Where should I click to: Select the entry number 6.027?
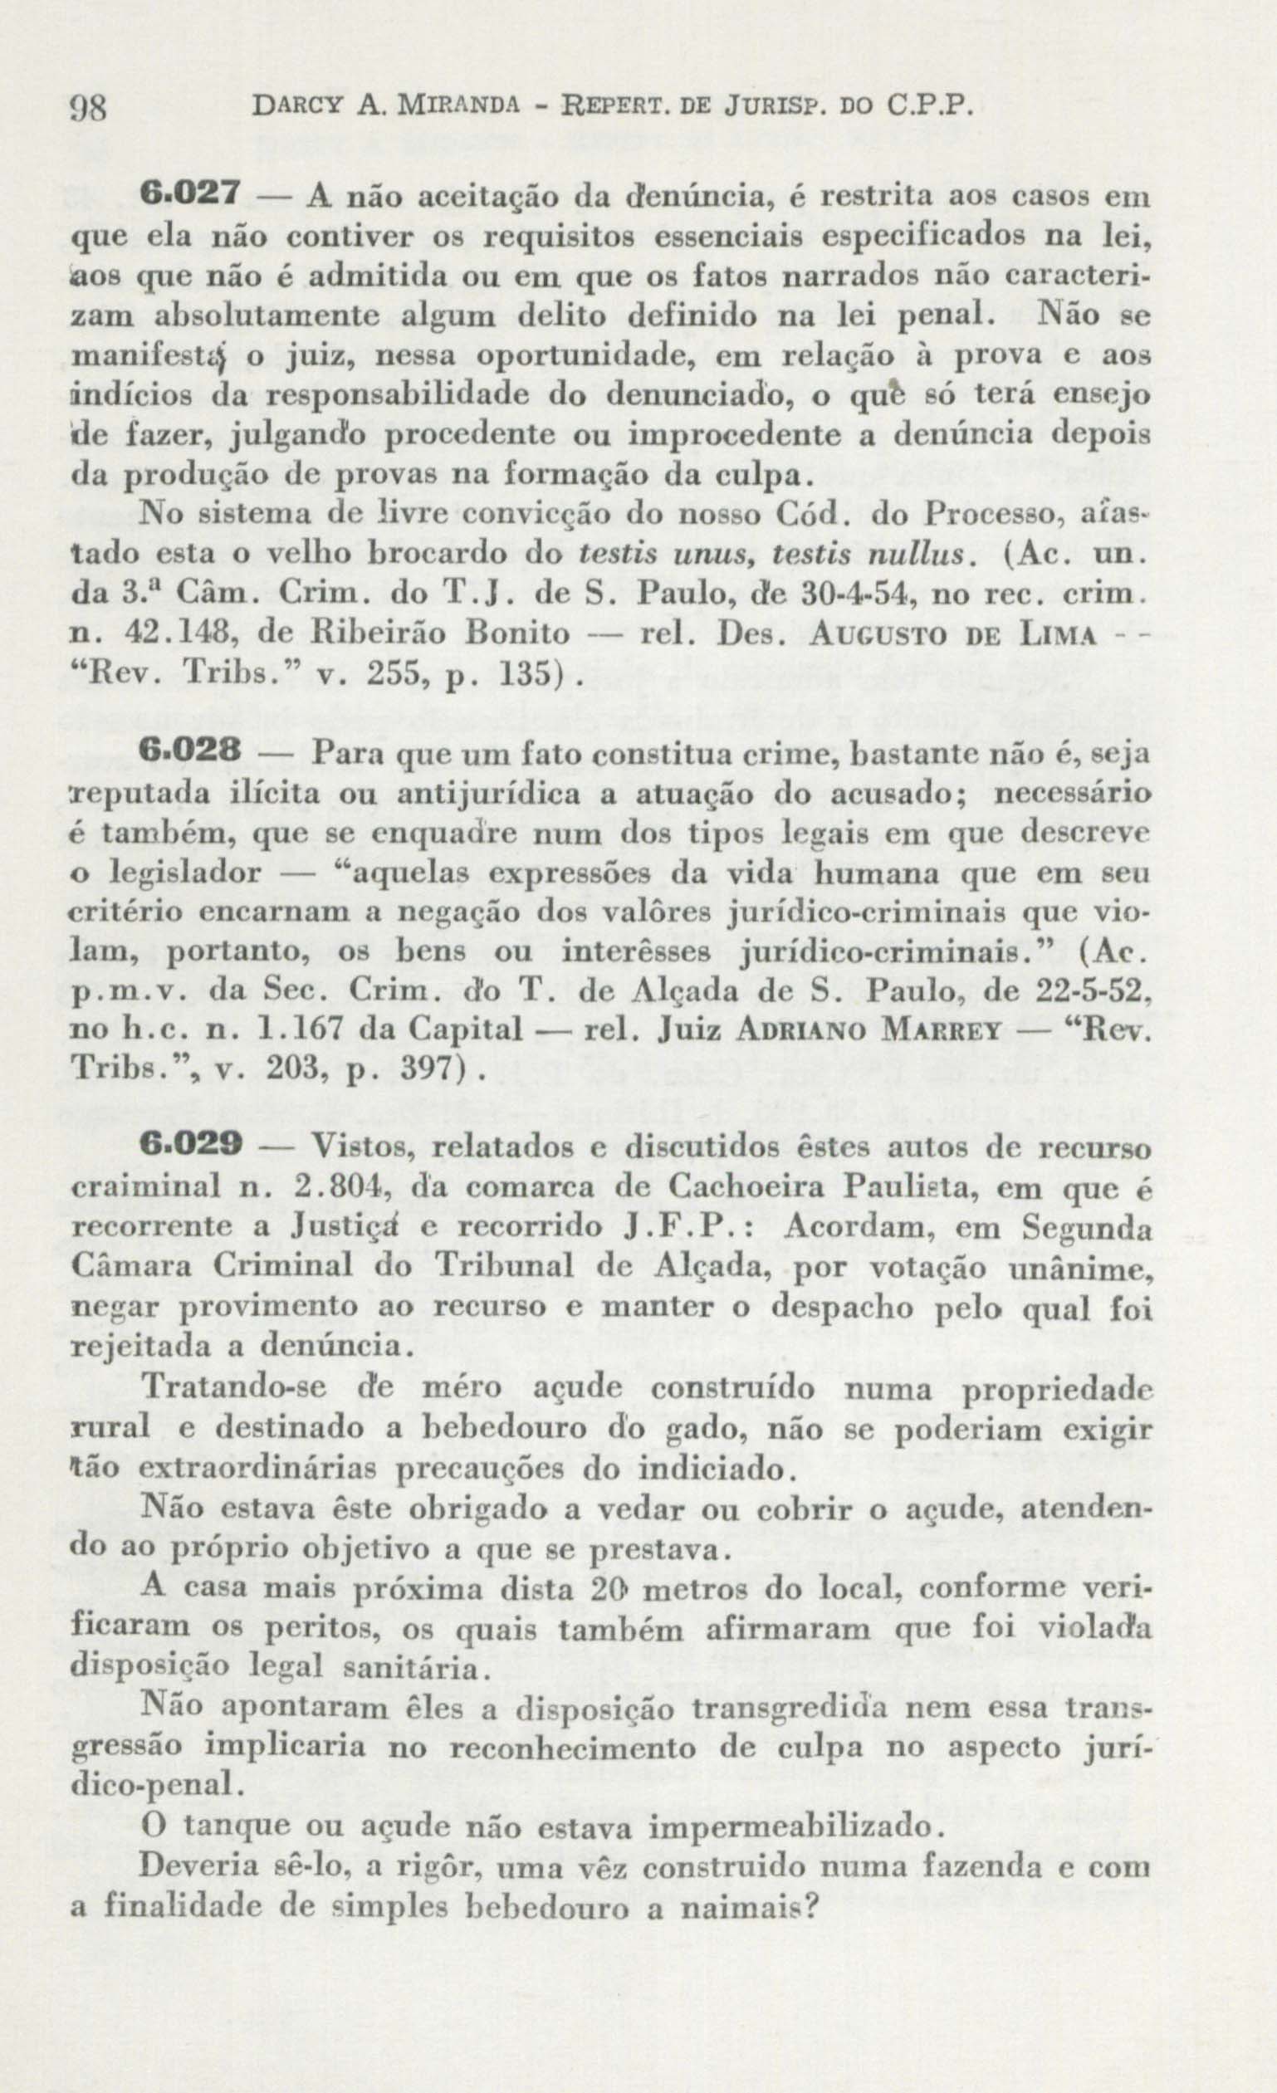192,194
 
